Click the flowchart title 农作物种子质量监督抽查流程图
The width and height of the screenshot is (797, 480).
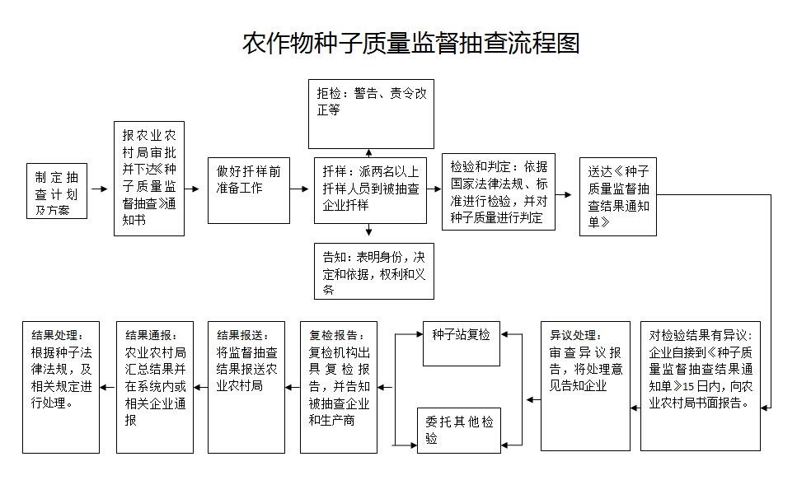(410, 43)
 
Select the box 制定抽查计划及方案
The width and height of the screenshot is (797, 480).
(57, 191)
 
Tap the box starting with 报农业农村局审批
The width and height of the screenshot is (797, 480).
(149, 179)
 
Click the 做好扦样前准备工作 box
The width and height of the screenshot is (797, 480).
(249, 190)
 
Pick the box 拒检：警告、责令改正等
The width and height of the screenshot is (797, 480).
(371, 114)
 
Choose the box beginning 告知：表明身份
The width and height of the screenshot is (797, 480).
(374, 271)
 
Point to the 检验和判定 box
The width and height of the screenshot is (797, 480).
(498, 192)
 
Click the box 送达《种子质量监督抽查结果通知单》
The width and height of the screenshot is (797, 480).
(618, 197)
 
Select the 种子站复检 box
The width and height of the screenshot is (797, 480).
(462, 343)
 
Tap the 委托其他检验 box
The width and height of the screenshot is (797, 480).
(459, 431)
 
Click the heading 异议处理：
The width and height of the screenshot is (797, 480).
(575, 335)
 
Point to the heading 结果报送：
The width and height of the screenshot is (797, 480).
(242, 335)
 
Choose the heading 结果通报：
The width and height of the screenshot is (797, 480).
(151, 335)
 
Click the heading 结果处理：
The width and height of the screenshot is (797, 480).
(58, 335)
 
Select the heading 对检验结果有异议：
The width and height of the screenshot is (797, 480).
(701, 335)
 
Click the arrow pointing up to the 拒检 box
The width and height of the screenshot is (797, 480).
(368, 153)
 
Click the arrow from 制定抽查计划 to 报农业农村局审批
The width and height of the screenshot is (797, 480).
(100, 189)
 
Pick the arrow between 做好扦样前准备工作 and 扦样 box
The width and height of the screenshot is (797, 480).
(299, 189)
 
